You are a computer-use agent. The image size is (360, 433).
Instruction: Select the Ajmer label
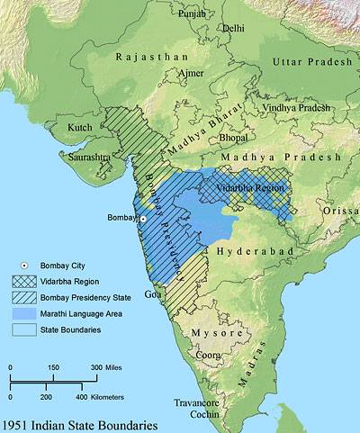[x=177, y=72]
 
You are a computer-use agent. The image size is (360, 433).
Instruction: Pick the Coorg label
[x=210, y=355]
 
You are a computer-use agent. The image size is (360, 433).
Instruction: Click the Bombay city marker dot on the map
[x=141, y=220]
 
